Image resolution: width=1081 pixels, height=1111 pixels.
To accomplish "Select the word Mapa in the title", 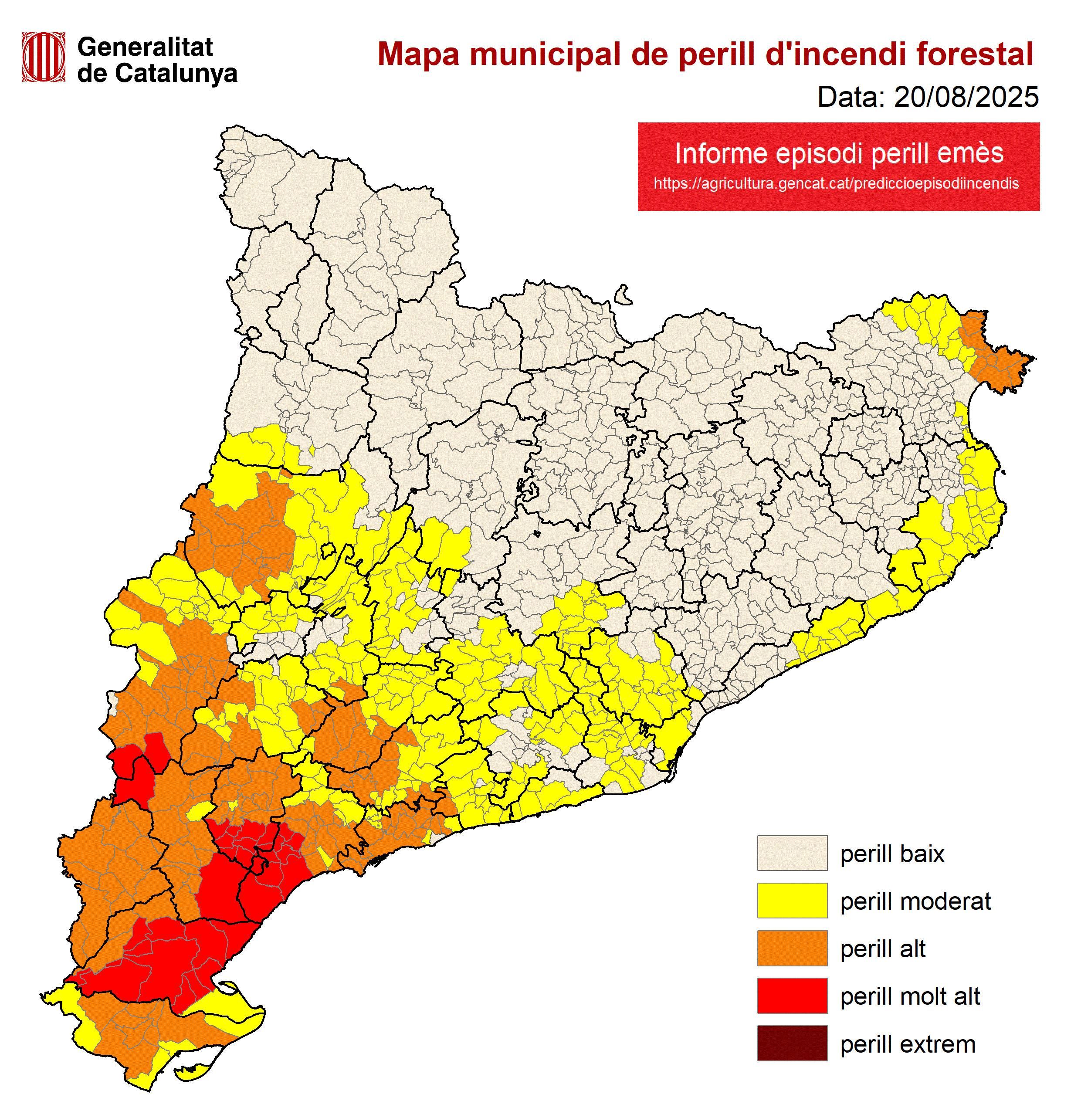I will [418, 55].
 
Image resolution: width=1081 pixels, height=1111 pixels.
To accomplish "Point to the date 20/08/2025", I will [966, 98].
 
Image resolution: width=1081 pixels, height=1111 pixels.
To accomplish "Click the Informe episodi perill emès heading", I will [839, 154].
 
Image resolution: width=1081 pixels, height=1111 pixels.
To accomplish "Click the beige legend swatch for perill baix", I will [792, 853].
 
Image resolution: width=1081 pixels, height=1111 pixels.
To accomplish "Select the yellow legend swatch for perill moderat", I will [792, 901].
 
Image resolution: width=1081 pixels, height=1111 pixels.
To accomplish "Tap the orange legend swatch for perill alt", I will [792, 948].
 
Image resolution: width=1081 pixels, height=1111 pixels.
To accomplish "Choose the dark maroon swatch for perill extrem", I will [792, 1044].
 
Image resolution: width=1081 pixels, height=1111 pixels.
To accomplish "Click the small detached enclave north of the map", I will [624, 295].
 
